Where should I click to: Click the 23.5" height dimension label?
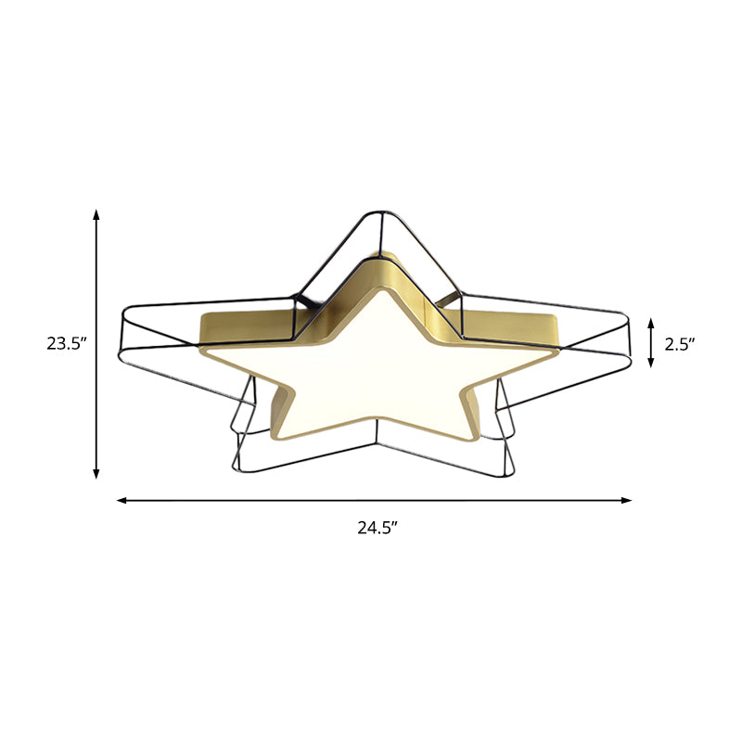point(67,344)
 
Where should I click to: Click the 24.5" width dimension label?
point(377,529)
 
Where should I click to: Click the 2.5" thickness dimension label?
point(680,344)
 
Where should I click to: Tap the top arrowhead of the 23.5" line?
point(96,215)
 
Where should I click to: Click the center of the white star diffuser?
point(380,371)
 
